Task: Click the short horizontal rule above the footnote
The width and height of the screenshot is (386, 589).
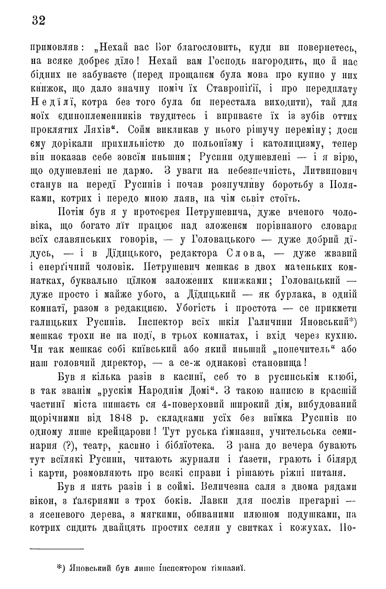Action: tap(57, 549)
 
